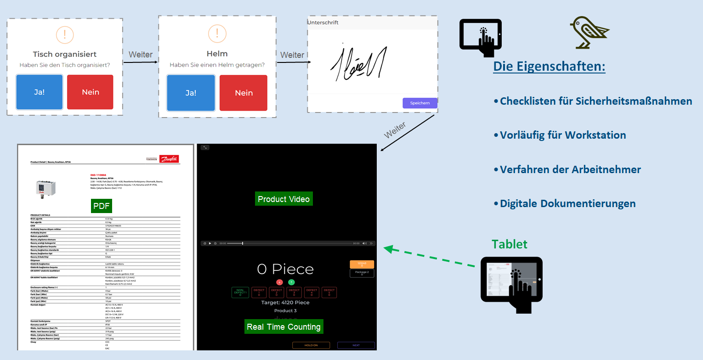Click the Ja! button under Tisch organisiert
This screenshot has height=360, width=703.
pos(40,92)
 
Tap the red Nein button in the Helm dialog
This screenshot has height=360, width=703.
pos(244,93)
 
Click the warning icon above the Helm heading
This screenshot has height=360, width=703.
pos(217,34)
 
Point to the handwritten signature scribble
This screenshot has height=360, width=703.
pos(358,62)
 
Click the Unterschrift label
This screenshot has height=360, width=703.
pos(323,22)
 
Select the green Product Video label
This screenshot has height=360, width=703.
pos(284,199)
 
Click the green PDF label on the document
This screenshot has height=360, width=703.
pos(102,206)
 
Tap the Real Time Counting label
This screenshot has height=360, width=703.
pos(283,326)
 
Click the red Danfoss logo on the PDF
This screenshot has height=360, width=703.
pos(169,159)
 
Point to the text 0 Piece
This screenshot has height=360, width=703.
pos(285,269)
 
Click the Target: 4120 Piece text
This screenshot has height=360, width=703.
pos(285,303)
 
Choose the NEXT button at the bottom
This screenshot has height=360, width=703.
pos(356,345)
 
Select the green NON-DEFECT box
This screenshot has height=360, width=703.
pos(240,292)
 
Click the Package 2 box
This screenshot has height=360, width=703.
pos(362,273)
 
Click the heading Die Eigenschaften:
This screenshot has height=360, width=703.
pos(549,66)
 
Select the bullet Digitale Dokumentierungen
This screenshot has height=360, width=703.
pos(567,203)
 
